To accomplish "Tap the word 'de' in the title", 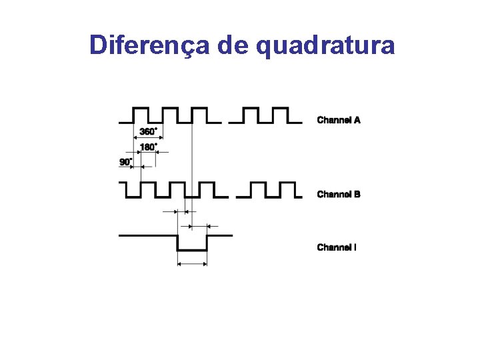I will click(x=233, y=45).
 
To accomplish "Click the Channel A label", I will click(x=339, y=120).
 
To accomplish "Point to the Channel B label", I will click(x=339, y=194).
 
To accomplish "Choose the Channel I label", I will click(x=337, y=247).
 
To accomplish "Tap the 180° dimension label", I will click(x=149, y=146).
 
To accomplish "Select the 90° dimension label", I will click(x=126, y=161).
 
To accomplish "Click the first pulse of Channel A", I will click(x=141, y=109).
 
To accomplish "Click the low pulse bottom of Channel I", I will click(x=192, y=250).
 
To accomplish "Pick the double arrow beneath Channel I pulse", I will click(x=192, y=264).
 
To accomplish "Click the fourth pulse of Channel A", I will click(x=251, y=109).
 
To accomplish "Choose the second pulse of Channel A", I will click(x=170, y=109).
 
